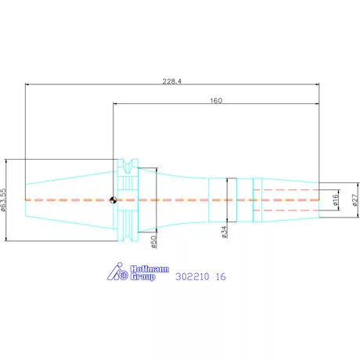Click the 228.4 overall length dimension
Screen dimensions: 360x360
[172, 81]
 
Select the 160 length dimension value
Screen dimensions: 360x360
[216, 100]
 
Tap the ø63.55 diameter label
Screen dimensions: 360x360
[3, 200]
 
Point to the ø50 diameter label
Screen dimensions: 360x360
[154, 242]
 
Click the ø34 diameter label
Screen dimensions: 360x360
[225, 232]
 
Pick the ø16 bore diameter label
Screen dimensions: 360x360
[336, 200]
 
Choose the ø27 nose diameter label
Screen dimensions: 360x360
[355, 200]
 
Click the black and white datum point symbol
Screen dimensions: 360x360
[113, 200]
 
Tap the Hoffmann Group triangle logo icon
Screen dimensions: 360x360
[117, 272]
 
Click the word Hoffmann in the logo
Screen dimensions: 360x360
[149, 269]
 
